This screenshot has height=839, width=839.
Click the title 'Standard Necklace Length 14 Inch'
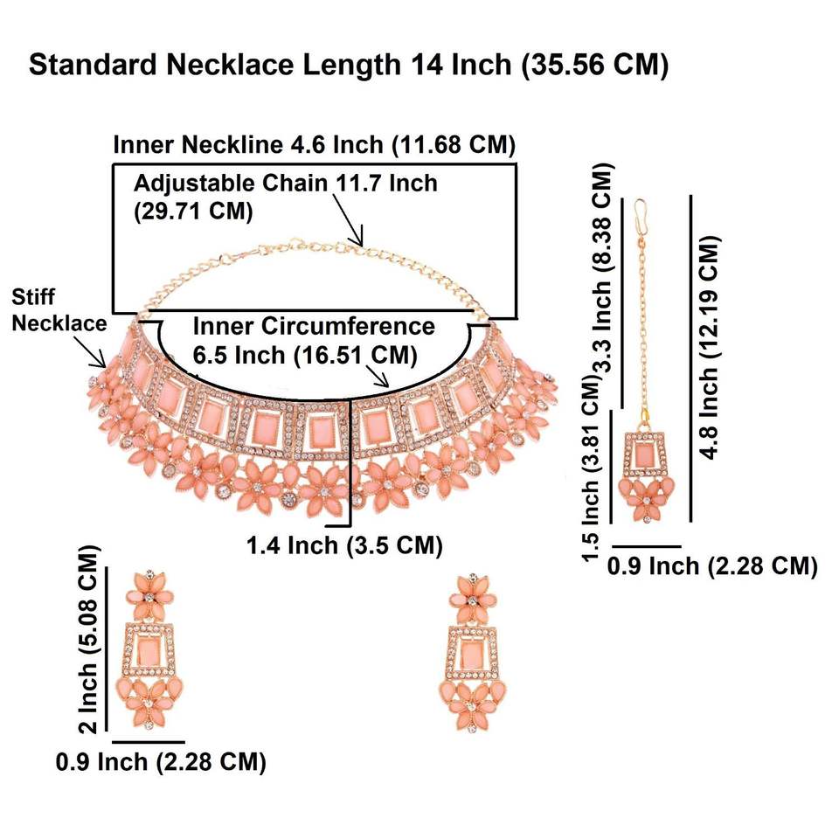tap(349, 66)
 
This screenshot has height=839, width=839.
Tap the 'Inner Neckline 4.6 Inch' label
tap(315, 145)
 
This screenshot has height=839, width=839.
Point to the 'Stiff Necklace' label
tap(59, 309)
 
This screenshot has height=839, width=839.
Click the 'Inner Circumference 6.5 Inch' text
tap(313, 341)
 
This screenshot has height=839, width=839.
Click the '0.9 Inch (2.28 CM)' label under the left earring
tap(161, 761)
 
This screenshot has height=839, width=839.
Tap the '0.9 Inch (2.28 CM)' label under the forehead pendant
tap(711, 565)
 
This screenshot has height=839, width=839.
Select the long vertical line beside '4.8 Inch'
tap(691, 358)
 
